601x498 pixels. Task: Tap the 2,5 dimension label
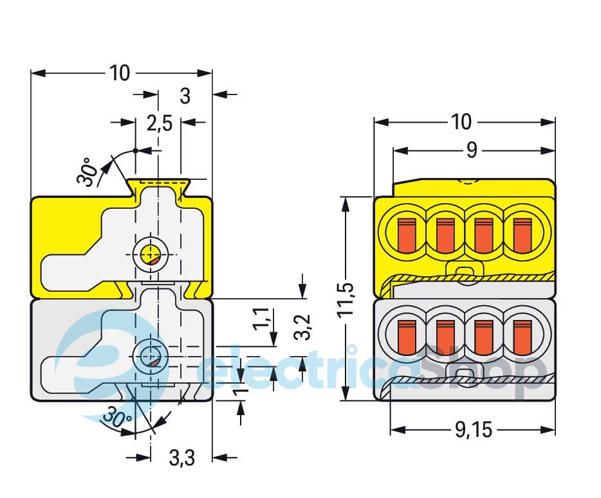tap(159, 123)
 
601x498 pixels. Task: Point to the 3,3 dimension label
tap(182, 458)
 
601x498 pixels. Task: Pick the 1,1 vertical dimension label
tap(261, 319)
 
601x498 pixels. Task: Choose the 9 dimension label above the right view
tap(472, 150)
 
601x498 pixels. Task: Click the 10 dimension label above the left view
tap(119, 73)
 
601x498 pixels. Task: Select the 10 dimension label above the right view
tap(461, 121)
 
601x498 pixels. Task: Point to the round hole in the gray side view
tap(151, 355)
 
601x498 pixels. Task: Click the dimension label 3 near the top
tap(185, 96)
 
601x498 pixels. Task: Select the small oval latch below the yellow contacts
tap(463, 271)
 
